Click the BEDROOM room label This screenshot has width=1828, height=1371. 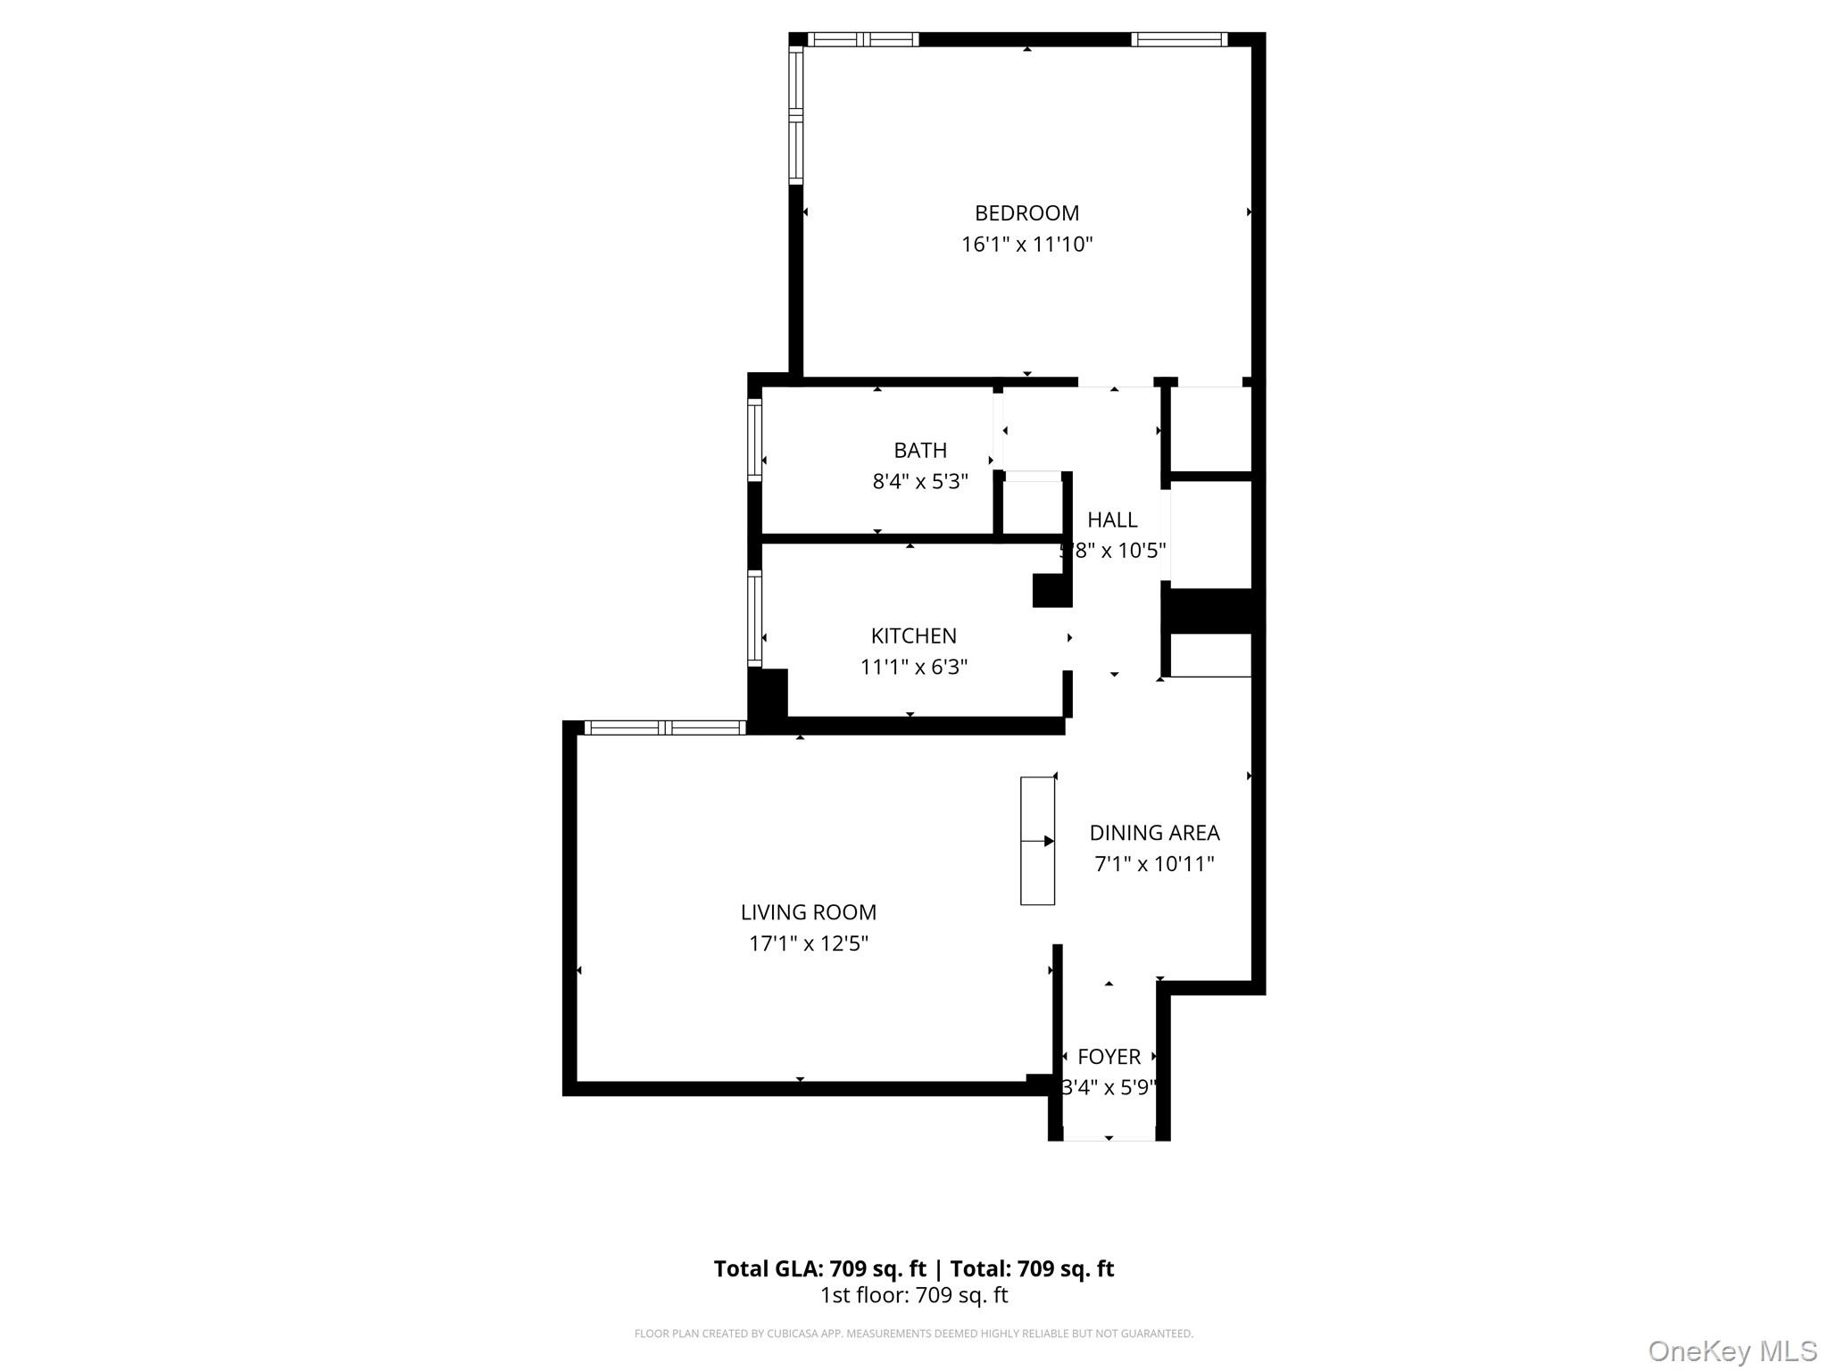pyautogui.click(x=1026, y=213)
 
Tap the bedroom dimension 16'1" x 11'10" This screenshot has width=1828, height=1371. pyautogui.click(x=1026, y=245)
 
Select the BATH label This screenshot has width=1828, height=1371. pyautogui.click(x=919, y=451)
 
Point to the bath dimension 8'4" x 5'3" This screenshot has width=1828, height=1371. pyautogui.click(x=919, y=482)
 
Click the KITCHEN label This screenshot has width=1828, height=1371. pyautogui.click(x=913, y=636)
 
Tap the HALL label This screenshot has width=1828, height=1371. pyautogui.click(x=1112, y=520)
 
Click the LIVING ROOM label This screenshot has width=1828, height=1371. pyautogui.click(x=808, y=912)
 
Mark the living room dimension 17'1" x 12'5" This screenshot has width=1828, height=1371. pyautogui.click(x=808, y=943)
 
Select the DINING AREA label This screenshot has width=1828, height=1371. pyautogui.click(x=1154, y=833)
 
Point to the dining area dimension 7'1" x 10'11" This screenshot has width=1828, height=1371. pyautogui.click(x=1154, y=864)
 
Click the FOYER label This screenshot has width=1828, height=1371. pyautogui.click(x=1109, y=1057)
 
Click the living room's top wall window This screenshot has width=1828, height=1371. pyautogui.click(x=665, y=727)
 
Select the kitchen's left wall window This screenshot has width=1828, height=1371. pyautogui.click(x=755, y=619)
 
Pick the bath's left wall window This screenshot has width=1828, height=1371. pyautogui.click(x=755, y=440)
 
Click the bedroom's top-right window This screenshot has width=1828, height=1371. pyautogui.click(x=1178, y=39)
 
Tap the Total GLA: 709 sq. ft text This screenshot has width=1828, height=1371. pyautogui.click(x=819, y=1268)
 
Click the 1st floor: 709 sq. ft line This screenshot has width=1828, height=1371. pyautogui.click(x=913, y=1295)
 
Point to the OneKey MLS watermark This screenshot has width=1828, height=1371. pyautogui.click(x=1732, y=1351)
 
